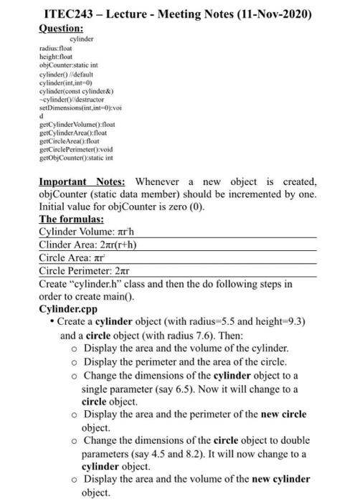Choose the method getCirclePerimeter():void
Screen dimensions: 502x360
tap(79, 148)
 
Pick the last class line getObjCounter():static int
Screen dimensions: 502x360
tap(79, 156)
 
